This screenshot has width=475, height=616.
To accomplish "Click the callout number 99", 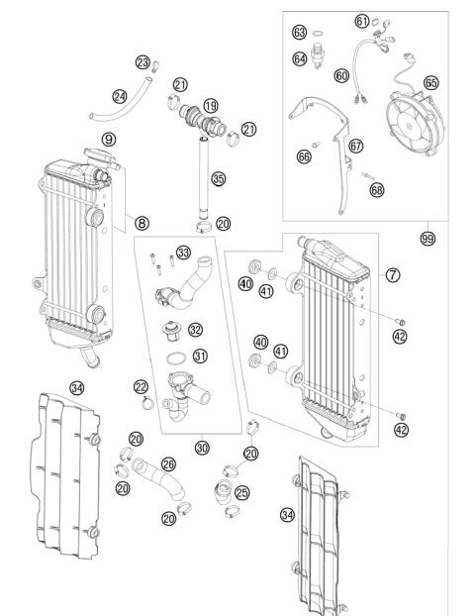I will point(427,238).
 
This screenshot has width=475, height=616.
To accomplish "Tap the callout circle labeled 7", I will point(393,273).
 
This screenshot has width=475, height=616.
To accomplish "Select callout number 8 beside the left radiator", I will point(142,224).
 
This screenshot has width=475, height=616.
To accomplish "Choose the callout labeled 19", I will point(211,105).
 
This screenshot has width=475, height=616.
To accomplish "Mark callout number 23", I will point(142,62).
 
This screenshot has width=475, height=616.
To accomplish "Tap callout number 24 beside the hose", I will point(120,96).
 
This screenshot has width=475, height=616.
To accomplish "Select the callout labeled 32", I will point(196,329).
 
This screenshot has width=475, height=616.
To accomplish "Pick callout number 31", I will point(201,357).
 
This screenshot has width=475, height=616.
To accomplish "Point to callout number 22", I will point(141,386).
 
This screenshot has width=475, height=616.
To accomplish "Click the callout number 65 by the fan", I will point(431,82).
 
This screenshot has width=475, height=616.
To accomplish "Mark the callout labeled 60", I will point(340,74).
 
